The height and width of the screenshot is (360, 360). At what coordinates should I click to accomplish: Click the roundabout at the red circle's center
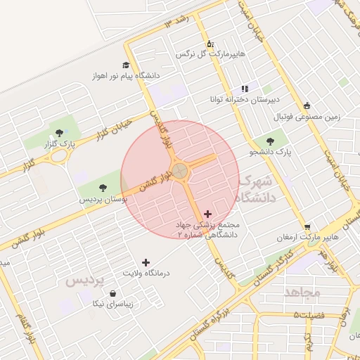click(180, 171)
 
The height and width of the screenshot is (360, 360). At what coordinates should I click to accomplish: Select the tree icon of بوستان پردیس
click(103, 188)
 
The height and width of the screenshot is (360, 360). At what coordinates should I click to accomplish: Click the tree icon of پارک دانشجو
click(270, 141)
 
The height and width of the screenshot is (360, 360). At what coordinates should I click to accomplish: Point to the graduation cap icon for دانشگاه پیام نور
click(125, 65)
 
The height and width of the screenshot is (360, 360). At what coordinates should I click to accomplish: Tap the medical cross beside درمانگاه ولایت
click(146, 262)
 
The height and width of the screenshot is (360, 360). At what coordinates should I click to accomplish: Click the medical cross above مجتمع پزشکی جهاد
click(207, 214)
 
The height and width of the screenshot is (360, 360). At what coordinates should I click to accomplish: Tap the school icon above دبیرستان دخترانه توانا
click(244, 89)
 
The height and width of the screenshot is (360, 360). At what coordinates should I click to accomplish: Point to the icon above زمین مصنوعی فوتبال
click(307, 106)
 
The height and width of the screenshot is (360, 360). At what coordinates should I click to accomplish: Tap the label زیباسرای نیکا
click(113, 304)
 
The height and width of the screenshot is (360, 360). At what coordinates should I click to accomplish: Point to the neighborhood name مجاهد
click(303, 291)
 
